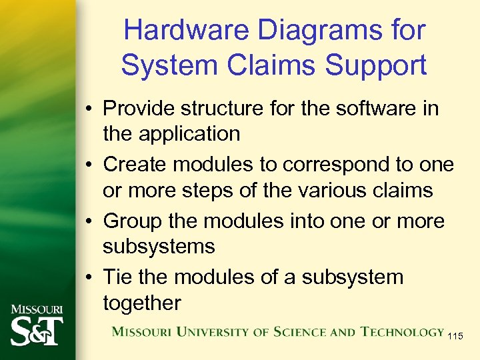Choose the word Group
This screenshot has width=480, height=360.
coord(133,221)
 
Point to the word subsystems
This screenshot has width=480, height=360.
coord(159,247)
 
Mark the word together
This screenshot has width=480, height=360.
coord(141,303)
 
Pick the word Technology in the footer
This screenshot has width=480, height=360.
coord(402,332)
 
